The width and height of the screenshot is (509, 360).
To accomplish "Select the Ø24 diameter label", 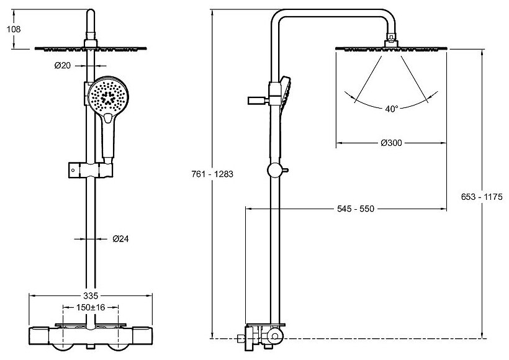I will [122, 238].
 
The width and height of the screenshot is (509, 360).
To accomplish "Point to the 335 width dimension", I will [91, 295].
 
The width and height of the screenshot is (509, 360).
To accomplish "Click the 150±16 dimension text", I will [91, 306].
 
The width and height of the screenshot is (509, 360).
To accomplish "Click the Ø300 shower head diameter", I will [391, 143].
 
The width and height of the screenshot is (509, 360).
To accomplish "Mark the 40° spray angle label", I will [391, 108].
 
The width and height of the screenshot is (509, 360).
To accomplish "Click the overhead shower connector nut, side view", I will [390, 41].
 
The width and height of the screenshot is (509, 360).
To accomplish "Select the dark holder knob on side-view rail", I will [256, 99].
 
